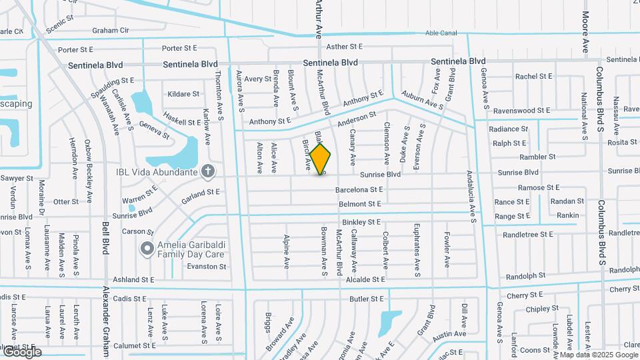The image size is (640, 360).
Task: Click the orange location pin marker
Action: (x=321, y=158)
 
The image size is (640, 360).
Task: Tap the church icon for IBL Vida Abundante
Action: (x=208, y=172)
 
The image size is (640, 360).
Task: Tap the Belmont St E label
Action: (x=359, y=204)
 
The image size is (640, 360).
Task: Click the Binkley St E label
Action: (x=361, y=221)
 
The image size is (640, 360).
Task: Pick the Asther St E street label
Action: (x=344, y=47)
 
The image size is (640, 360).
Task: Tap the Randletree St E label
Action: (x=528, y=234)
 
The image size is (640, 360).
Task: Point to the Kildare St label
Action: (x=183, y=94)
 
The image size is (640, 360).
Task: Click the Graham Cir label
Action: (x=111, y=30)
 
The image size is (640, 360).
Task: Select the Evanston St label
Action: (x=206, y=266)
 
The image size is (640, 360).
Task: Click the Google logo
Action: (x=21, y=352)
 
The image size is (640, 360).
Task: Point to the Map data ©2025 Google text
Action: (x=598, y=355)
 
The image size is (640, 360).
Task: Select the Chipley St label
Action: (x=541, y=309)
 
